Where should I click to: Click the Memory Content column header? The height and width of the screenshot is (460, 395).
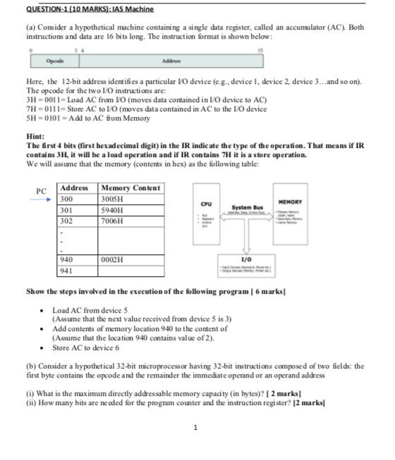click(x=131, y=188)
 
